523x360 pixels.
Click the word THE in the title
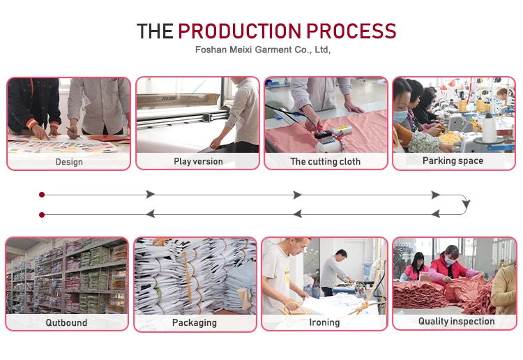tap(155, 31)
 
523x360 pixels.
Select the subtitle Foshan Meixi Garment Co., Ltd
tap(262, 50)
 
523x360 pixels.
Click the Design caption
tap(69, 162)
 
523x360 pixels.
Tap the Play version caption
tap(198, 161)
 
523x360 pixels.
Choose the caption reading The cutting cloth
tap(326, 161)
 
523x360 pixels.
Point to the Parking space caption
tap(453, 160)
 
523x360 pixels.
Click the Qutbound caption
tap(67, 322)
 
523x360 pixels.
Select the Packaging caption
tap(195, 322)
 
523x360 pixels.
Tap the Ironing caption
tap(324, 322)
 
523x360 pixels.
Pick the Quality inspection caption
tap(456, 322)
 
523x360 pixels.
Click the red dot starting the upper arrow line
tap(42, 195)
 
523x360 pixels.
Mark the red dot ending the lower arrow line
tap(42, 214)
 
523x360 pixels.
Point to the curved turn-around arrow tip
tap(466, 204)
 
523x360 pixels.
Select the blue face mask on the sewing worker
tap(401, 116)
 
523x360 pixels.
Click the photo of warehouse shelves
tap(67, 276)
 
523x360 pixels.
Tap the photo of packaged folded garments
tap(195, 276)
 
